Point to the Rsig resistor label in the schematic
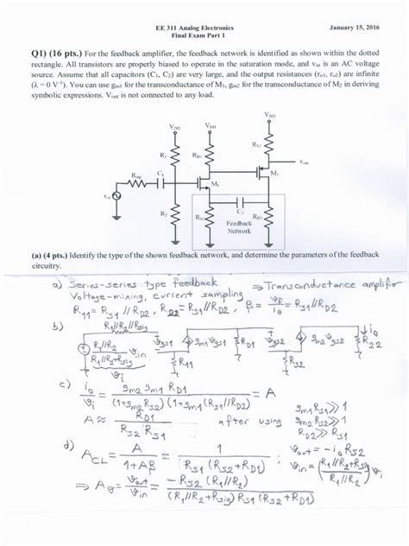point(138,175)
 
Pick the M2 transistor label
point(274,174)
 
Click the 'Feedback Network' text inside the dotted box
point(238,226)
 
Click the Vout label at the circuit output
point(305,162)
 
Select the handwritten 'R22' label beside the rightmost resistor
point(372,343)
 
